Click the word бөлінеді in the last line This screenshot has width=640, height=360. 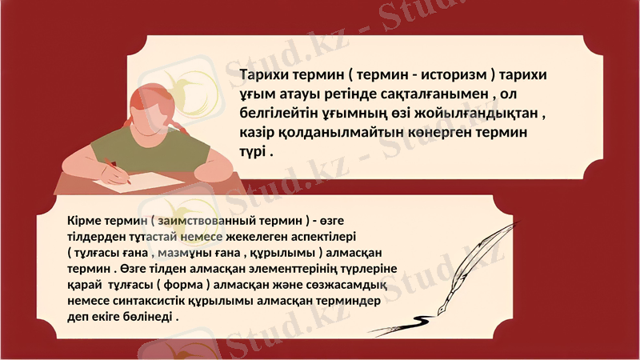point(147,317)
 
